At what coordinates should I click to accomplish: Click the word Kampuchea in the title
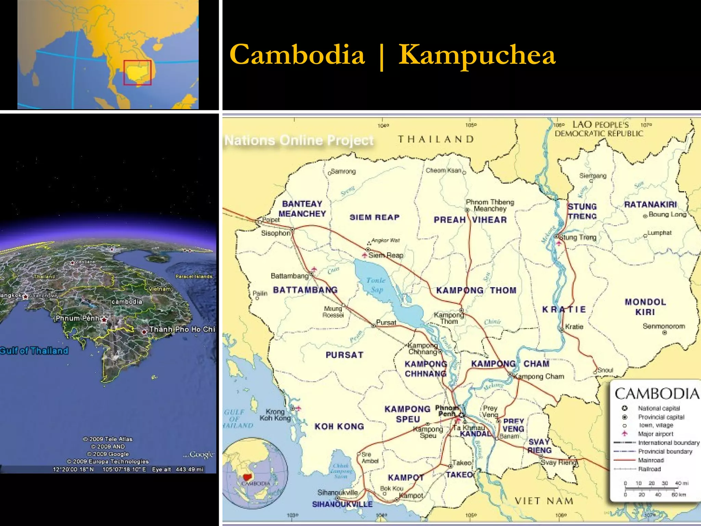(477, 55)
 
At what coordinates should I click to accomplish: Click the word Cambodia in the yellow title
(297, 55)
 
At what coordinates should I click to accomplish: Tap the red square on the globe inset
(137, 73)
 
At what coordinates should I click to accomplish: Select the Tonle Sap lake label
(376, 285)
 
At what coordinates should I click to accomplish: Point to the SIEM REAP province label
(374, 217)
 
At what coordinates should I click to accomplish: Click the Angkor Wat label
(385, 240)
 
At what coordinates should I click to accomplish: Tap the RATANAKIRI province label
(650, 204)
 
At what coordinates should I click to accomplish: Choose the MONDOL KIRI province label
(645, 307)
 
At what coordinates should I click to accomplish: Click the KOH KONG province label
(339, 426)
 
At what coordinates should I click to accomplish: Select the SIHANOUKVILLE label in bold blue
(342, 504)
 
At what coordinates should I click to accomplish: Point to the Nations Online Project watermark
(299, 140)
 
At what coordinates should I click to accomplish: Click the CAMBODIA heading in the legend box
(657, 394)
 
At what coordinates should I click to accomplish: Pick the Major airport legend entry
(655, 434)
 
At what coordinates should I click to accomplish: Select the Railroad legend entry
(649, 469)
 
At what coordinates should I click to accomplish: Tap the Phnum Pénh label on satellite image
(77, 318)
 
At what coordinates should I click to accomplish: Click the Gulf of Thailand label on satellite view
(34, 351)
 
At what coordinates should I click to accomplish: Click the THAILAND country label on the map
(436, 139)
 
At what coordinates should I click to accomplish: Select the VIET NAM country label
(544, 501)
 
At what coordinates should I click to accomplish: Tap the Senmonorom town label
(663, 326)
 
